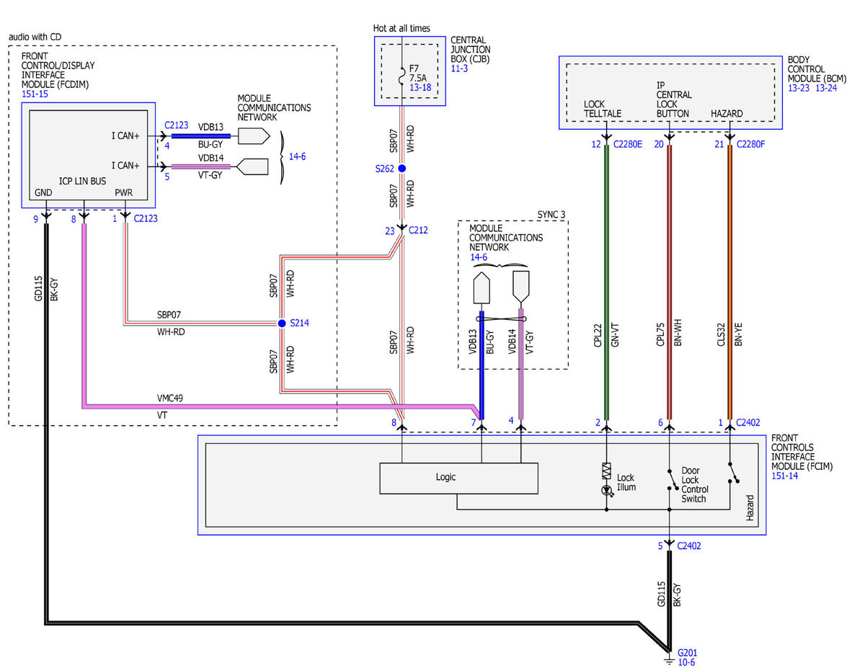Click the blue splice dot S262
pos(402,169)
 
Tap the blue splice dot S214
pos(281,323)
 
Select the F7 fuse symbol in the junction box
pos(402,76)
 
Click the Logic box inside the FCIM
pos(458,478)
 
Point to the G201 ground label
pos(687,653)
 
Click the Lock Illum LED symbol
pos(606,490)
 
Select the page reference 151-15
pos(35,94)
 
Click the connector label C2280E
pos(627,144)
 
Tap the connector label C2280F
pos(750,144)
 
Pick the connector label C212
pos(418,230)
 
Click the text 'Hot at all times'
pos(402,28)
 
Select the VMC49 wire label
pos(170,398)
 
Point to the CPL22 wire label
pos(597,335)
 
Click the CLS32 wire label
pos(721,334)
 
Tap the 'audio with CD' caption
pos(35,37)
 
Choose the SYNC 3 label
pos(551,215)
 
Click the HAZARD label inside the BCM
pos(727,114)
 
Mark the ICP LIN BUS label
pos(82,182)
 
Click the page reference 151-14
pos(784,476)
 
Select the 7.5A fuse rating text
pos(417,78)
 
